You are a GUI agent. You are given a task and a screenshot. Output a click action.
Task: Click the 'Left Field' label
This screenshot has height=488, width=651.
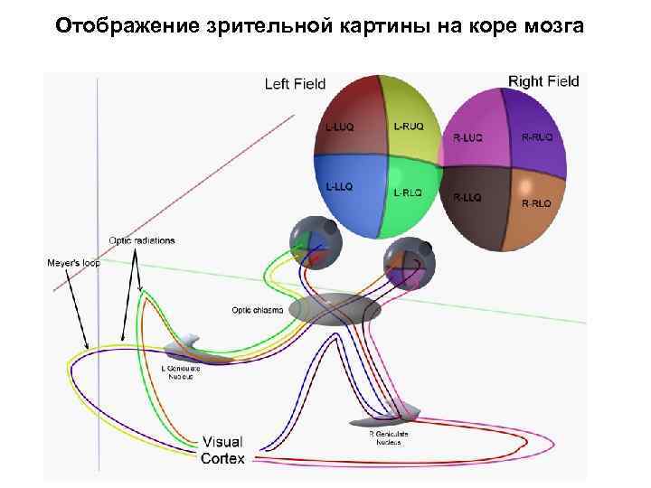tap(295, 85)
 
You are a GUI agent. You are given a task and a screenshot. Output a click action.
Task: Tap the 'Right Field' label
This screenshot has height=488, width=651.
tap(543, 81)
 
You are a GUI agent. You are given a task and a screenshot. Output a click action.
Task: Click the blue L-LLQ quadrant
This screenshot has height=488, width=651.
tap(348, 194)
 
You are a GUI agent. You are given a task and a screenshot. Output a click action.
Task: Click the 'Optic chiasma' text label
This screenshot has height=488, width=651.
tap(258, 310)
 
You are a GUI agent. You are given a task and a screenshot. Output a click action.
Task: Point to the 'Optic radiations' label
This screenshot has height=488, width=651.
tap(142, 240)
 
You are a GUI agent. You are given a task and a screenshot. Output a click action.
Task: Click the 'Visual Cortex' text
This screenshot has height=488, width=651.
tap(222, 450)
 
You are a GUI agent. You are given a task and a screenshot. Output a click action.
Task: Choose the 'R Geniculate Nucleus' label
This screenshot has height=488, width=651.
tap(389, 438)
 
